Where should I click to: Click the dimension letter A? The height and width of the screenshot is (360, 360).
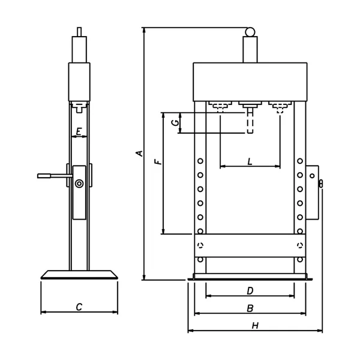(140, 154)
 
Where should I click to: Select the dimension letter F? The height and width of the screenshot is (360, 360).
(158, 161)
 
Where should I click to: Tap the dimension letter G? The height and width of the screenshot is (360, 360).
(176, 123)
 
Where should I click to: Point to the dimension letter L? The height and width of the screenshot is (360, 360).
(250, 161)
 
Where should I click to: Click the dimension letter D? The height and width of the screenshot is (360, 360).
(250, 291)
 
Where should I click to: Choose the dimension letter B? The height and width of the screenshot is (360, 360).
(250, 308)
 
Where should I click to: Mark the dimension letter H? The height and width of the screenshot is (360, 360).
(255, 326)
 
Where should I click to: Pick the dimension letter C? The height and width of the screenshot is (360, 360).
(79, 307)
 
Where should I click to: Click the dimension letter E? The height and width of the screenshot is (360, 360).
(79, 131)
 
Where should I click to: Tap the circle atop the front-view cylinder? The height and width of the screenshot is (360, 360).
(250, 32)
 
